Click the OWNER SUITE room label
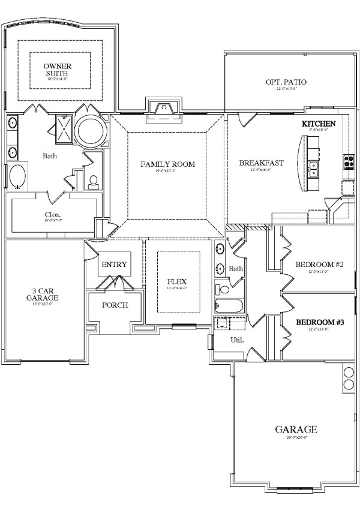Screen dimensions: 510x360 54,69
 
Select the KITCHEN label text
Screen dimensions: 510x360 318,123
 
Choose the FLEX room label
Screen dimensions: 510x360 177,281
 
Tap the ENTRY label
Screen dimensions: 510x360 114,265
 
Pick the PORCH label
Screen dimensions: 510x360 114,305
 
